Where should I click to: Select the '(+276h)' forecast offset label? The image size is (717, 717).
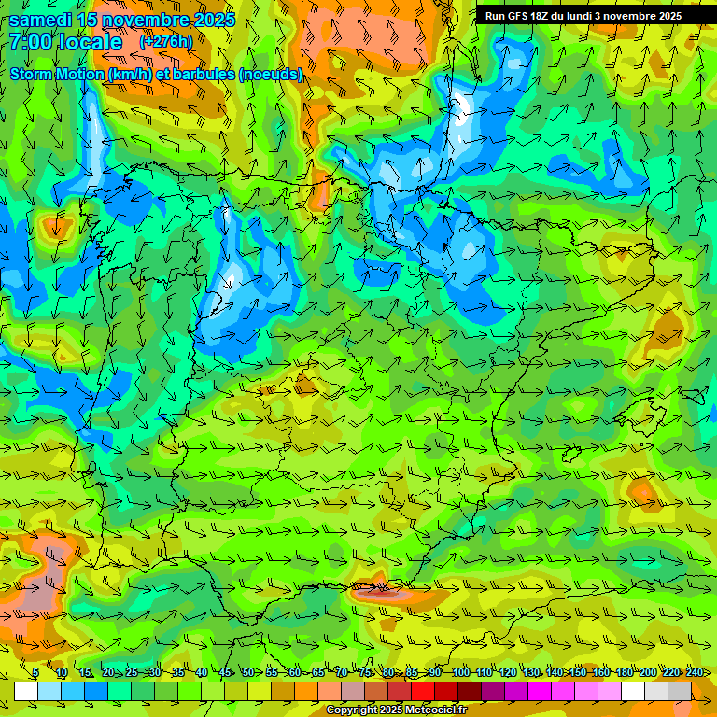[165, 42]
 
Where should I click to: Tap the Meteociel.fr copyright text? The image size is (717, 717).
[396, 710]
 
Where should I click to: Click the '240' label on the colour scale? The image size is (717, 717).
[695, 673]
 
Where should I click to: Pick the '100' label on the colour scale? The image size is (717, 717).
[460, 673]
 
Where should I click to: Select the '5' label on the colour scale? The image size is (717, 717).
[35, 673]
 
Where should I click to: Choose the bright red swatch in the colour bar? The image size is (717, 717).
[423, 692]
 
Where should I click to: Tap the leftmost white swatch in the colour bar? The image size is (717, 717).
[26, 692]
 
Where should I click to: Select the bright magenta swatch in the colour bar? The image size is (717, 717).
[540, 692]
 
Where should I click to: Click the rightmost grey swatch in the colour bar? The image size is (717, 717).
[680, 692]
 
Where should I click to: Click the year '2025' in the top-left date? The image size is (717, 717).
[214, 20]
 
